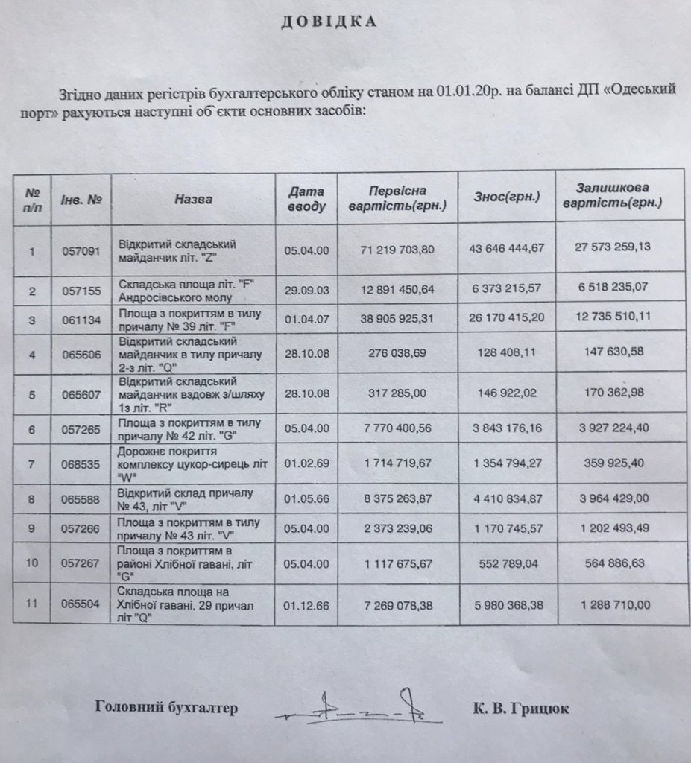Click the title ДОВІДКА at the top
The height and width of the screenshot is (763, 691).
pos(329,22)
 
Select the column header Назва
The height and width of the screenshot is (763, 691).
pos(194,199)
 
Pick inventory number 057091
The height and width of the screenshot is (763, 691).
pos(81,251)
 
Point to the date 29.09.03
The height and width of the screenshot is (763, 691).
pos(306,292)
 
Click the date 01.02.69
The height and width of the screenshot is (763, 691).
pos(306,463)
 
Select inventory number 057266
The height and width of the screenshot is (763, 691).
pos(81,529)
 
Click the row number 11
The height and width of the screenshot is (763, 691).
pos(32,604)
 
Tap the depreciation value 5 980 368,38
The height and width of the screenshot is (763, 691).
pos(506,604)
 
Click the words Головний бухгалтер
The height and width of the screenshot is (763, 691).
pos(167,708)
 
